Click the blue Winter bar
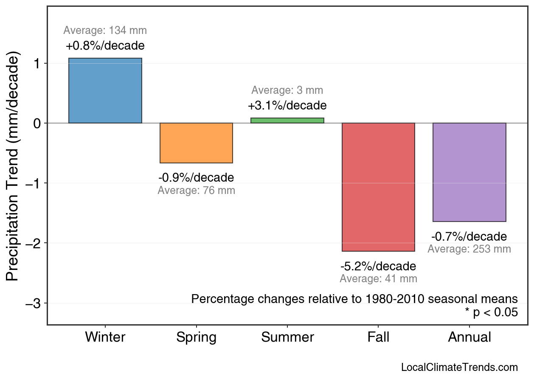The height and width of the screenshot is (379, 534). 105,90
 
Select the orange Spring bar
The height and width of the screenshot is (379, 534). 196,143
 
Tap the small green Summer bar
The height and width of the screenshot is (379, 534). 287,121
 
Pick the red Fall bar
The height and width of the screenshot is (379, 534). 378,187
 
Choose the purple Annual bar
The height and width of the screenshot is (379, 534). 469,172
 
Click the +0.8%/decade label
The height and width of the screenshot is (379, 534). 105,45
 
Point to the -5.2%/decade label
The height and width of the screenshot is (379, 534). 378,267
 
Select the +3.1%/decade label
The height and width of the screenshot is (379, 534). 287,105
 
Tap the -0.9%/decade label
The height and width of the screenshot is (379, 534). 196,177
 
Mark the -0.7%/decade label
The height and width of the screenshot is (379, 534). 469,236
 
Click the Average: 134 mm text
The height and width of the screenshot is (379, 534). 105,31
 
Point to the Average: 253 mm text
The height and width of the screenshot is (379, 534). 469,249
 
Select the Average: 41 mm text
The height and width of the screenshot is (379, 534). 378,279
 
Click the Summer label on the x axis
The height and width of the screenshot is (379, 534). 287,337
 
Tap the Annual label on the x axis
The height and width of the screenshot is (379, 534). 469,337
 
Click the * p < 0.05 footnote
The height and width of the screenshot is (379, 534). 491,312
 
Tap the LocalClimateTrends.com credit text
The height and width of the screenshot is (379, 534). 459,367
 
